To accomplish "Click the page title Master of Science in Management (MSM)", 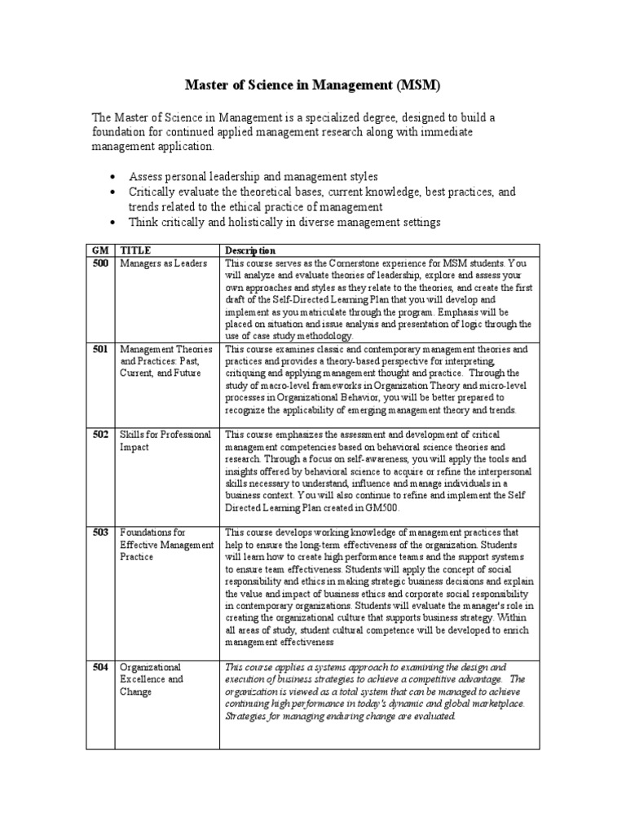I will [313, 85].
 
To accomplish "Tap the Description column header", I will [250, 250].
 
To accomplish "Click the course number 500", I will [100, 263].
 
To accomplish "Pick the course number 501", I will [100, 349].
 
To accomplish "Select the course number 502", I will [100, 435].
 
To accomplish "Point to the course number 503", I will [100, 532].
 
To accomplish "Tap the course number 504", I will [100, 666].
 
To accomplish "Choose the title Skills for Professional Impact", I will [165, 440].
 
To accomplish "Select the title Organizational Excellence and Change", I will [152, 678].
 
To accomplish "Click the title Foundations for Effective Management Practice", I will [165, 544].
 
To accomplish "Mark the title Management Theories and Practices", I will [165, 361].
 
